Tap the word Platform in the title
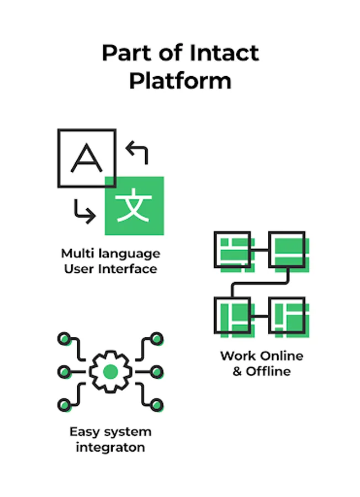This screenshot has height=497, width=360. coord(180,81)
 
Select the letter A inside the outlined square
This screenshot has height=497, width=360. coord(87,157)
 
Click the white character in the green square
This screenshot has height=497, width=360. coord(134,206)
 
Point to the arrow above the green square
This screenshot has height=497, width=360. coord(137,151)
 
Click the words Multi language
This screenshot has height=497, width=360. coord(110,254)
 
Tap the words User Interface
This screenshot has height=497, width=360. coord(110,269)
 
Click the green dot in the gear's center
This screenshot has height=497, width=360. coord(110,371)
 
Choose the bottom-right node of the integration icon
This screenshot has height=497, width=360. coord(157,405)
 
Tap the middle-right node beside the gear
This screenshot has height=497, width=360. coord(157,371)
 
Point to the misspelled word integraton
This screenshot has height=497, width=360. coord(110,447)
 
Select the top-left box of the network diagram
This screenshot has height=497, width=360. coord(232,250)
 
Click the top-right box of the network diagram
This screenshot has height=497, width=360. coord(287,250)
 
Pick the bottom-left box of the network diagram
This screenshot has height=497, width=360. coord(232,316)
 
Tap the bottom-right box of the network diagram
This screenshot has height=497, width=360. coord(287,316)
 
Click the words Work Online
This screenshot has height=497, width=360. coord(261,356)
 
